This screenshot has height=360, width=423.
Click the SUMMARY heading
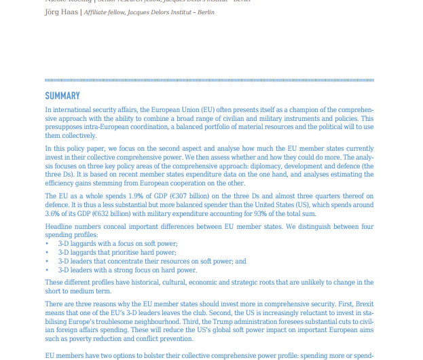pos(62,96)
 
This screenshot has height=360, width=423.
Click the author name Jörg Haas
pos(61,12)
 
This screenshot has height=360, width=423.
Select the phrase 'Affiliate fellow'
pos(106,12)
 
